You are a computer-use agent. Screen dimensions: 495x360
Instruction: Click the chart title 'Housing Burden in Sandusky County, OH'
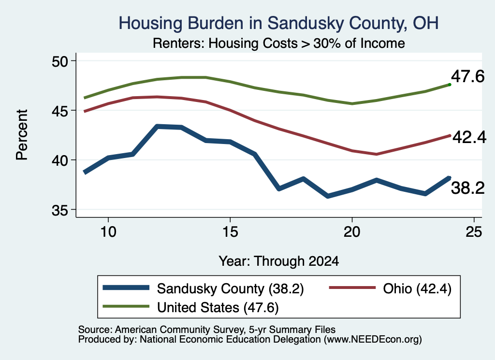point(278,23)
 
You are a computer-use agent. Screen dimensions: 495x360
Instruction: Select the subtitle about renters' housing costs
point(279,43)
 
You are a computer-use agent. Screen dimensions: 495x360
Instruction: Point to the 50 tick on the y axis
point(59,61)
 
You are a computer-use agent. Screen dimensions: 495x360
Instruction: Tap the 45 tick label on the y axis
point(59,111)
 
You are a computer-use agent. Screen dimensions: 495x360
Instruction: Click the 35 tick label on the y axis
point(59,210)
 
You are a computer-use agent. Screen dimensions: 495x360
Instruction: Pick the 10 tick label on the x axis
point(108,232)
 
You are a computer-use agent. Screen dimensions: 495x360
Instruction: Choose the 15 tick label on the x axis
point(230,232)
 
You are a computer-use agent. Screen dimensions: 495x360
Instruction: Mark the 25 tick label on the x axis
point(474,232)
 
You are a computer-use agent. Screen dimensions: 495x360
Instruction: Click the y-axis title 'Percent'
point(22,135)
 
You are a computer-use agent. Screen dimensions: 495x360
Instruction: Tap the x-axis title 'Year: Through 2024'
point(279,261)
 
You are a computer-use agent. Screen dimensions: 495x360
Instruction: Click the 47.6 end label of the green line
point(467,76)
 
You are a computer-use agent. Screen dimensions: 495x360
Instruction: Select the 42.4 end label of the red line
point(469,137)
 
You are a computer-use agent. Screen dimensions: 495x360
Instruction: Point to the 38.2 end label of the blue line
point(467,188)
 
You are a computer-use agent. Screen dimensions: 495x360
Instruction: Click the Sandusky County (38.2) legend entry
point(204,288)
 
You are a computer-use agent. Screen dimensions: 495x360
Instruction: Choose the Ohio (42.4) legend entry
point(390,288)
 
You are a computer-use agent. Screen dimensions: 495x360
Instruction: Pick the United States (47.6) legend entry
point(190,307)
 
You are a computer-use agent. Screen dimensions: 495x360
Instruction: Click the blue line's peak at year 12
point(157,127)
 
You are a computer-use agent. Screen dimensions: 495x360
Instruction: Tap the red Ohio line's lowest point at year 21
point(376,154)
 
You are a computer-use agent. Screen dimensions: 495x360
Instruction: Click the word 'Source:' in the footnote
point(95,330)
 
